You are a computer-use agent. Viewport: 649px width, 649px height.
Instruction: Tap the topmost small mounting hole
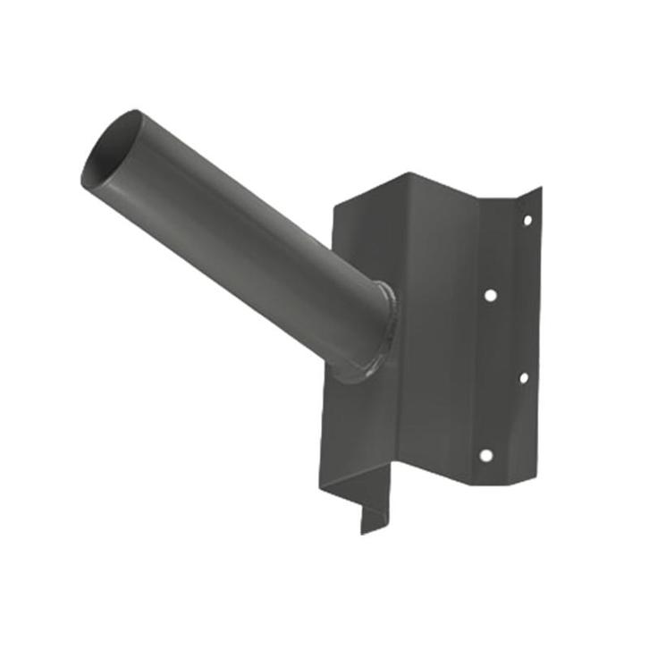pos(527,219)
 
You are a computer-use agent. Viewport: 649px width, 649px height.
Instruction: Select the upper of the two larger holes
pos(490,294)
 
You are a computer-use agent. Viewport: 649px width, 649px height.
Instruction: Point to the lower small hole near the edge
pos(524,377)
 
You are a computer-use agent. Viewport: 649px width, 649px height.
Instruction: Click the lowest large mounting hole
pos(485,455)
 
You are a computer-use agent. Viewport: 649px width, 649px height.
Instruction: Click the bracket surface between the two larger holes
pos(488,375)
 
